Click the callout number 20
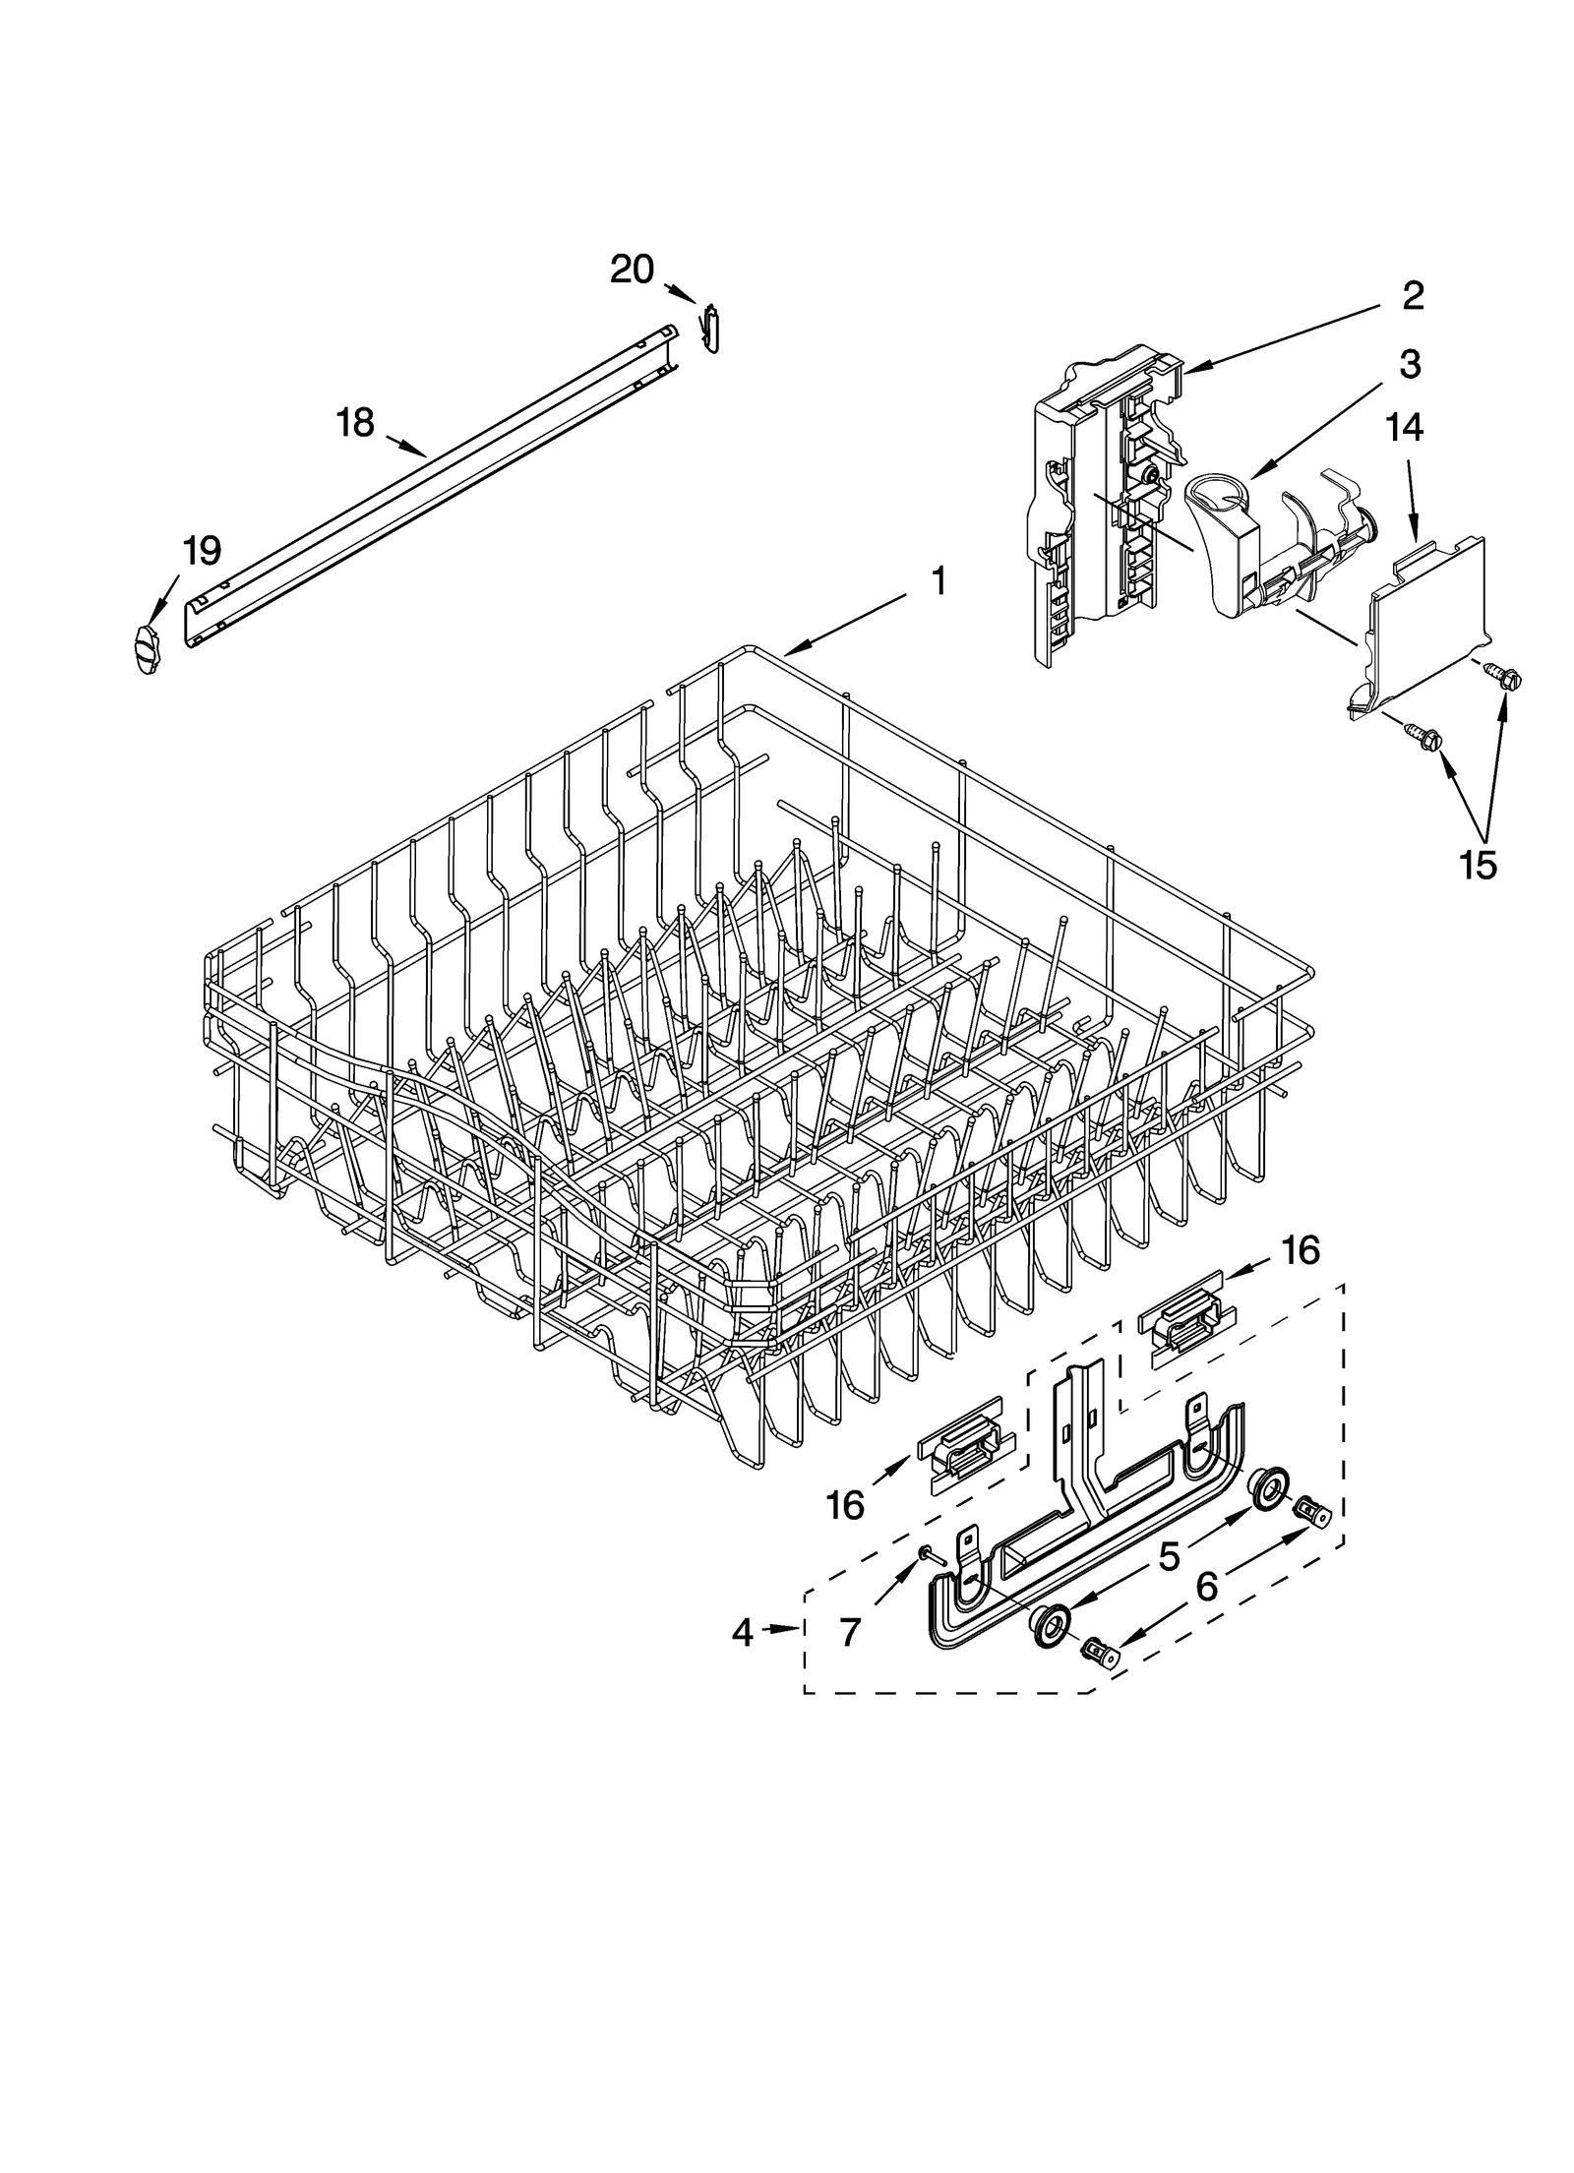[632, 269]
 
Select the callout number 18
[355, 423]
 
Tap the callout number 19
[201, 551]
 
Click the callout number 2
[1412, 295]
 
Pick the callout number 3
[1410, 365]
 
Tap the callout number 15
[1478, 864]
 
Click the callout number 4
[743, 1634]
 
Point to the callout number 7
[850, 1634]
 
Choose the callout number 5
[1169, 1556]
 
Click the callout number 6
[1207, 1586]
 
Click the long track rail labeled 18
[433, 482]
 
